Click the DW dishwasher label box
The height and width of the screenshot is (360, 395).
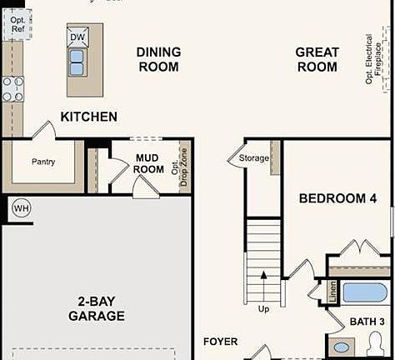[x=77, y=37]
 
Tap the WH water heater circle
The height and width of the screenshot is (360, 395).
[x=21, y=208]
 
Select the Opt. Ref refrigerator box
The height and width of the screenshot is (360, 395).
[x=18, y=22]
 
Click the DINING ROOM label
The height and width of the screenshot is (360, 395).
[x=158, y=59]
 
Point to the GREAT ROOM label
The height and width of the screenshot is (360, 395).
[x=317, y=59]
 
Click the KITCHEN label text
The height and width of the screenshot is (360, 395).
[x=88, y=117]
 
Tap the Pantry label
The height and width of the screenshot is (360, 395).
[x=43, y=162]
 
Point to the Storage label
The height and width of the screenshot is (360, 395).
[x=254, y=157]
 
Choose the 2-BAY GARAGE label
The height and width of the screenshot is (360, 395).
[x=97, y=309]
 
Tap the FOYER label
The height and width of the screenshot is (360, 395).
[x=221, y=342]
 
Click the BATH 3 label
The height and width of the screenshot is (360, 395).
[x=367, y=322]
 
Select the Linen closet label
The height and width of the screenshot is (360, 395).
[x=332, y=293]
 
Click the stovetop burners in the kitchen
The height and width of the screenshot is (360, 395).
[x=12, y=88]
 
